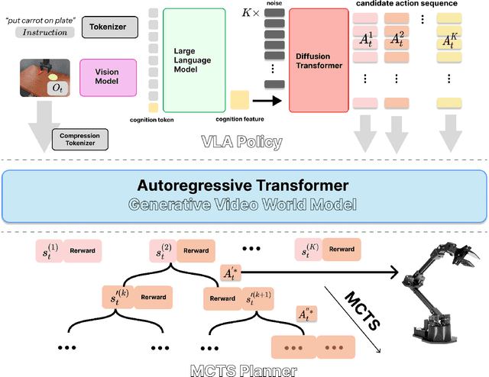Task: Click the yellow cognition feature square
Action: [239, 99]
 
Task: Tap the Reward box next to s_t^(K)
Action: [342, 249]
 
